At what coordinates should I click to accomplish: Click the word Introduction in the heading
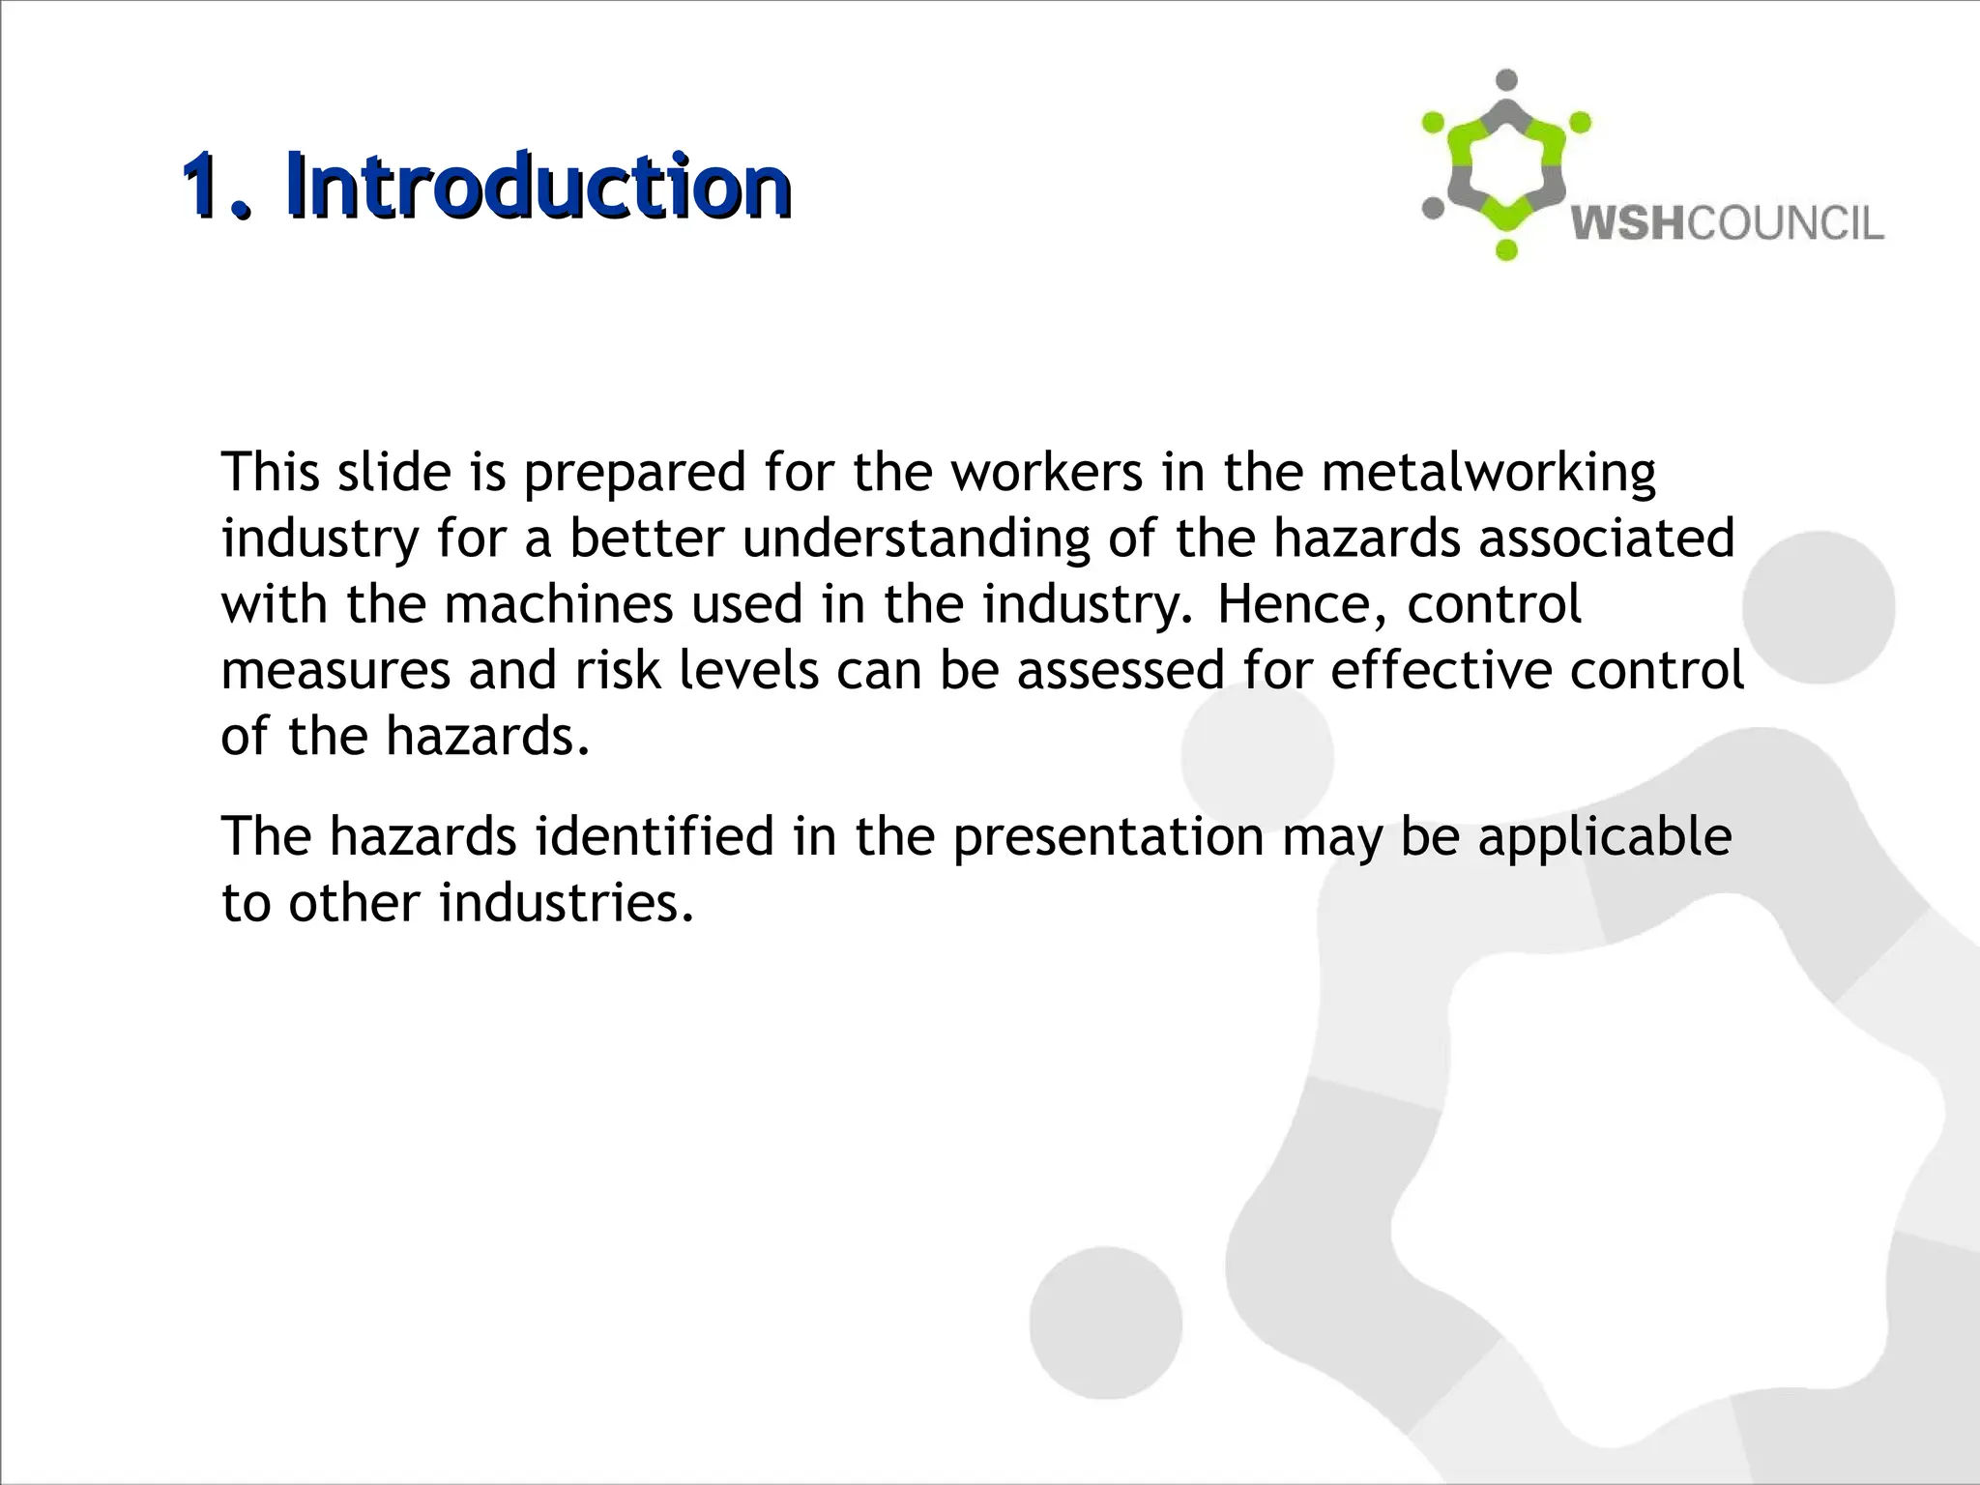(x=538, y=186)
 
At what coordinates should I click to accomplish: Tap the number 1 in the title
(x=206, y=186)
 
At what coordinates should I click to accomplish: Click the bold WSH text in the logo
(x=1627, y=223)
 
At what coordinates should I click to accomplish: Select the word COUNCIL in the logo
(x=1785, y=223)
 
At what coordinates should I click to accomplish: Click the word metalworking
(x=1488, y=473)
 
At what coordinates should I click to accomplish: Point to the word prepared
(x=634, y=473)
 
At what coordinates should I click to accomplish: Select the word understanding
(x=917, y=539)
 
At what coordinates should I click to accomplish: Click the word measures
(x=335, y=670)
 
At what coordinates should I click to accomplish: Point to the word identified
(x=655, y=836)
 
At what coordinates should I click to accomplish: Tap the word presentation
(x=1108, y=838)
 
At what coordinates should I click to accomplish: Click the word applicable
(x=1604, y=838)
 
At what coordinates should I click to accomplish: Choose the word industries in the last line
(x=567, y=902)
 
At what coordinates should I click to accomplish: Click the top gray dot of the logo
(x=1505, y=80)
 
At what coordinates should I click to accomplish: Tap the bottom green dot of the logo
(x=1506, y=250)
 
